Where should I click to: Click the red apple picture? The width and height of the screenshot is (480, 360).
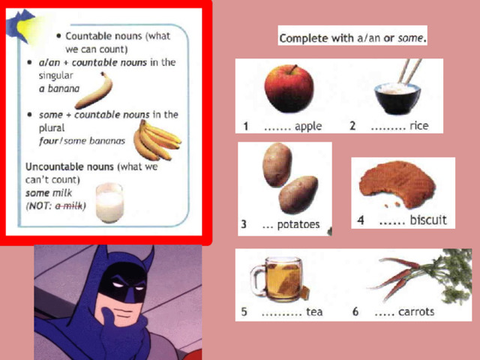pyautogui.click(x=289, y=88)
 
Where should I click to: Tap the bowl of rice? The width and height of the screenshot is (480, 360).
pyautogui.click(x=397, y=98)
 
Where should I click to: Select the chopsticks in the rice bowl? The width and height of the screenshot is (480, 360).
pyautogui.click(x=409, y=71)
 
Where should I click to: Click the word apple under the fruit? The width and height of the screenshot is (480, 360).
pyautogui.click(x=308, y=127)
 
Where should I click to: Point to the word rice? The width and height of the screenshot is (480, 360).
pyautogui.click(x=418, y=125)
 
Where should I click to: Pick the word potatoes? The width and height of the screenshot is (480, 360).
pyautogui.click(x=298, y=225)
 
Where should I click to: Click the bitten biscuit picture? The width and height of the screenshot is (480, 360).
pyautogui.click(x=397, y=184)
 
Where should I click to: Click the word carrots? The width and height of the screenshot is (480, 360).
pyautogui.click(x=416, y=312)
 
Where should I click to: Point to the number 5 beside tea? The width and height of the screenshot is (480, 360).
pyautogui.click(x=244, y=312)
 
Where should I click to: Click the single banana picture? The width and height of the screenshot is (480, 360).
pyautogui.click(x=94, y=91)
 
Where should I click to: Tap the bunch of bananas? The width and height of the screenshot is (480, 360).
pyautogui.click(x=157, y=141)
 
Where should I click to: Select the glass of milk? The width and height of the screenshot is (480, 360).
pyautogui.click(x=109, y=202)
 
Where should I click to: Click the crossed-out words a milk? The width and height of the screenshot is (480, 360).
pyautogui.click(x=69, y=205)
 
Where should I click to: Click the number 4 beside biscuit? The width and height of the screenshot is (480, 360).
pyautogui.click(x=361, y=220)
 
